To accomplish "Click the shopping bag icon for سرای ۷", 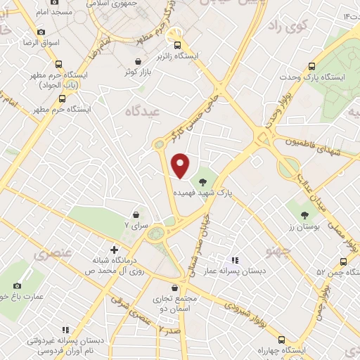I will [136, 214].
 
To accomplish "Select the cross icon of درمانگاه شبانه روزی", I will [115, 249].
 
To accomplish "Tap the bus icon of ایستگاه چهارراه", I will [283, 338].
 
